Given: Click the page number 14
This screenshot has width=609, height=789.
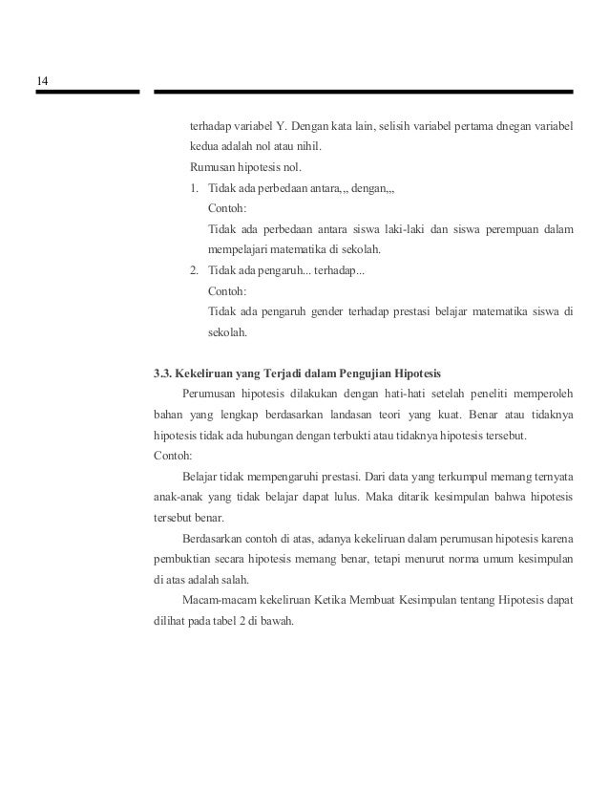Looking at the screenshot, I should (43, 79).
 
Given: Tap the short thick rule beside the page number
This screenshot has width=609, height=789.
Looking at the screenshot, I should (87, 93).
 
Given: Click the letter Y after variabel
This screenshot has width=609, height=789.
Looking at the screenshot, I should (279, 125).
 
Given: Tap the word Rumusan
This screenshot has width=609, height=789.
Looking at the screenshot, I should (213, 168).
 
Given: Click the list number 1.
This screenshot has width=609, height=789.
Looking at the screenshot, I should (194, 188).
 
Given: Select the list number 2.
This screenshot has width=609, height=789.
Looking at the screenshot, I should (194, 271).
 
